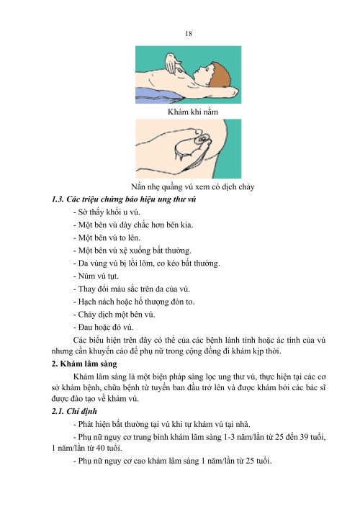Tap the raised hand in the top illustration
172,66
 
